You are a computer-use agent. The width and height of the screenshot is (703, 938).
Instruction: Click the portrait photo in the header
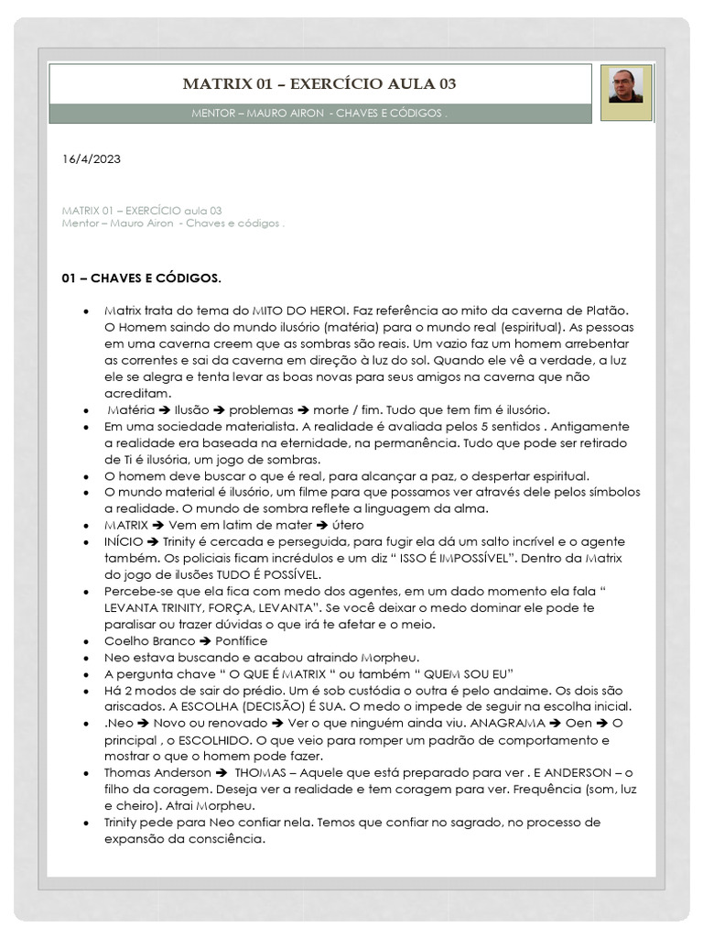click(x=626, y=86)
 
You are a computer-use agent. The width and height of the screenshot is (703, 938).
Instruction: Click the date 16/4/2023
click(x=92, y=159)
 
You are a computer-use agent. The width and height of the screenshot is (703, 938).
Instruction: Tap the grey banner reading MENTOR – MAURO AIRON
click(x=319, y=114)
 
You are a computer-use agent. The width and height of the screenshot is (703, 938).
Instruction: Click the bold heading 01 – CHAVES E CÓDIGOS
click(x=141, y=278)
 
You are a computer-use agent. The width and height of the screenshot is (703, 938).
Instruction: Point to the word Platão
click(x=610, y=311)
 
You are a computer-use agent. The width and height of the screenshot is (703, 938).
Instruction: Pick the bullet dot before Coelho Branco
click(x=85, y=641)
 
